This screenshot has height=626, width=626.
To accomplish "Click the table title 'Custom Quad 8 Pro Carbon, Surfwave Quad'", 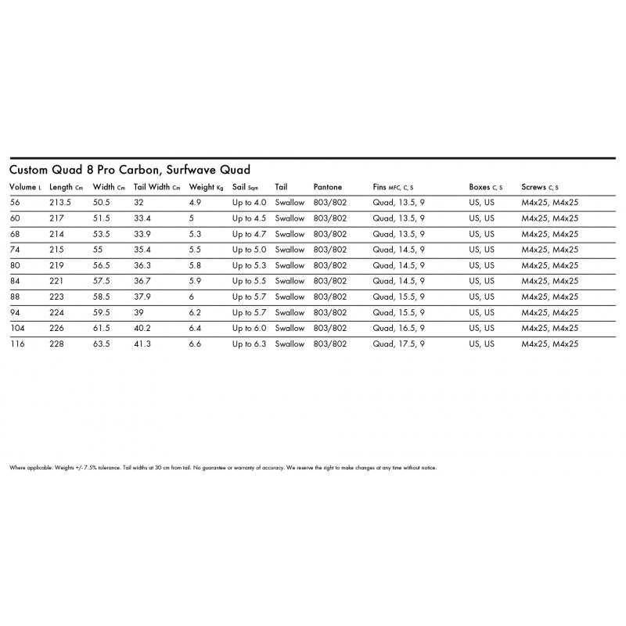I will point(129,170).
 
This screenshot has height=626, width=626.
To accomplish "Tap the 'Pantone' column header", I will point(327,188).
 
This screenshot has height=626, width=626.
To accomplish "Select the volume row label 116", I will point(16,344).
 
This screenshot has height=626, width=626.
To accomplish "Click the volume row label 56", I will point(14,203).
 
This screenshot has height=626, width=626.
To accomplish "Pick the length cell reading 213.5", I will point(61,203).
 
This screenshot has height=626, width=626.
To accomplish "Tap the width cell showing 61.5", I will point(102,328).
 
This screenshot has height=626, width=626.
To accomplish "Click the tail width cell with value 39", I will point(139,312).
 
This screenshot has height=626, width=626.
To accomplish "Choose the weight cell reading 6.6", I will point(196,344).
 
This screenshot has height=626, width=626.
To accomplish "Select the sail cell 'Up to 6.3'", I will point(249,344).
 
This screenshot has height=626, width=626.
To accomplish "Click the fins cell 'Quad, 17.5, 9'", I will point(398,344).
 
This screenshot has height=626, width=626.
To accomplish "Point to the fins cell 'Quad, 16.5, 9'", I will point(398,328).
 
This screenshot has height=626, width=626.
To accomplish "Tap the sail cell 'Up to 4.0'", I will point(249,203).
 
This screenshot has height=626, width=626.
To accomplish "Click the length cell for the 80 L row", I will point(56,265).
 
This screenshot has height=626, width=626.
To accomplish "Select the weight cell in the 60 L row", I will point(192,218).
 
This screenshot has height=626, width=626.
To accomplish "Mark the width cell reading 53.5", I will point(102,234).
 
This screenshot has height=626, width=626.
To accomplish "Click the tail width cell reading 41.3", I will point(142,344).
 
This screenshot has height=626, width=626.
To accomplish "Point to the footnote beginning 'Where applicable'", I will point(222,468).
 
